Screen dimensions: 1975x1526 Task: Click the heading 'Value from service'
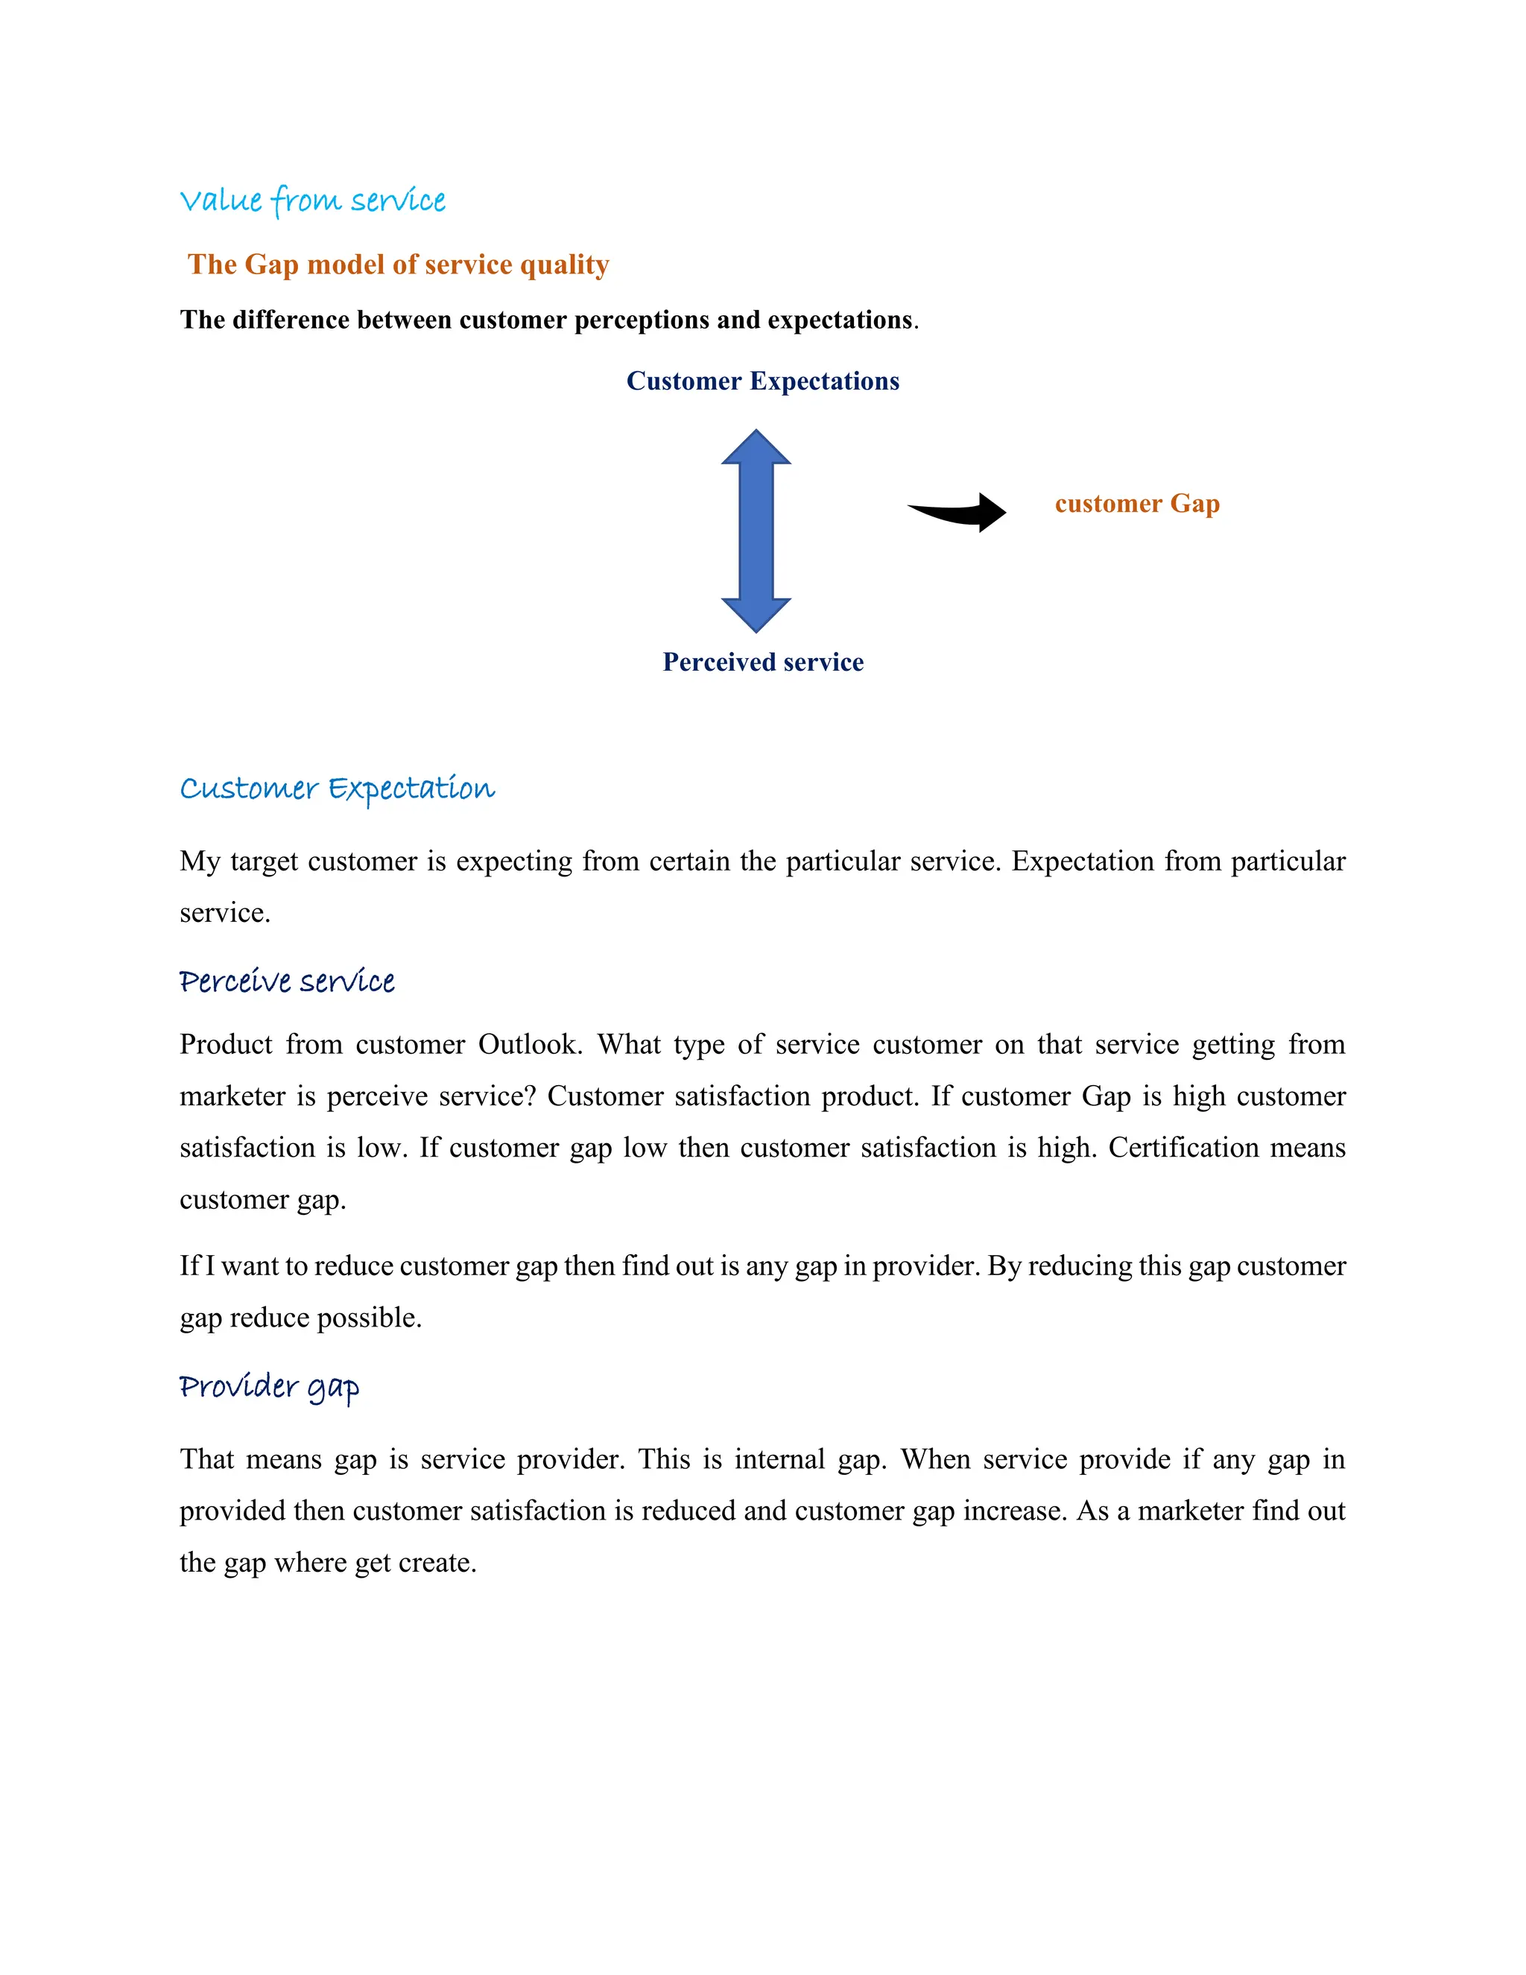coord(312,200)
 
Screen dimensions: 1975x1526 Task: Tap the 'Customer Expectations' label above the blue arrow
coord(762,381)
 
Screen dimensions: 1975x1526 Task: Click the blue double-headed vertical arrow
coord(756,531)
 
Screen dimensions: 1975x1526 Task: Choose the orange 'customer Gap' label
coord(1136,503)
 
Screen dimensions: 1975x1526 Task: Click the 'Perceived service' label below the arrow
coord(762,662)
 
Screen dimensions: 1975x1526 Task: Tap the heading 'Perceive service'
coord(287,982)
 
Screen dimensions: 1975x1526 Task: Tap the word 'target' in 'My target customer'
coord(264,862)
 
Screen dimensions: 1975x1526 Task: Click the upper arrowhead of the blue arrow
coord(756,448)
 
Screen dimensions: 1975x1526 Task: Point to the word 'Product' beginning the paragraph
coord(226,1044)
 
